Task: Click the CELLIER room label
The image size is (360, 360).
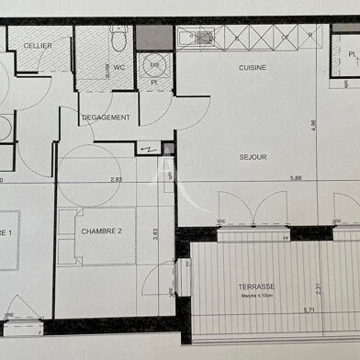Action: [x=38, y=44]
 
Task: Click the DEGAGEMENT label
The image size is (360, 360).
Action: [x=105, y=118]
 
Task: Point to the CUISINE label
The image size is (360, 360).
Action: [x=253, y=68]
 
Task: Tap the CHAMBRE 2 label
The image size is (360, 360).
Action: [x=101, y=231]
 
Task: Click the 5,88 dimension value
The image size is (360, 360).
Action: [x=296, y=180]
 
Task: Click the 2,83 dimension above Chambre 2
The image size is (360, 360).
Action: [x=117, y=180]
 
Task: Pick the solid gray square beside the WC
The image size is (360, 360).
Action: [x=154, y=37]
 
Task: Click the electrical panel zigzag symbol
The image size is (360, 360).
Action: [x=148, y=149]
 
